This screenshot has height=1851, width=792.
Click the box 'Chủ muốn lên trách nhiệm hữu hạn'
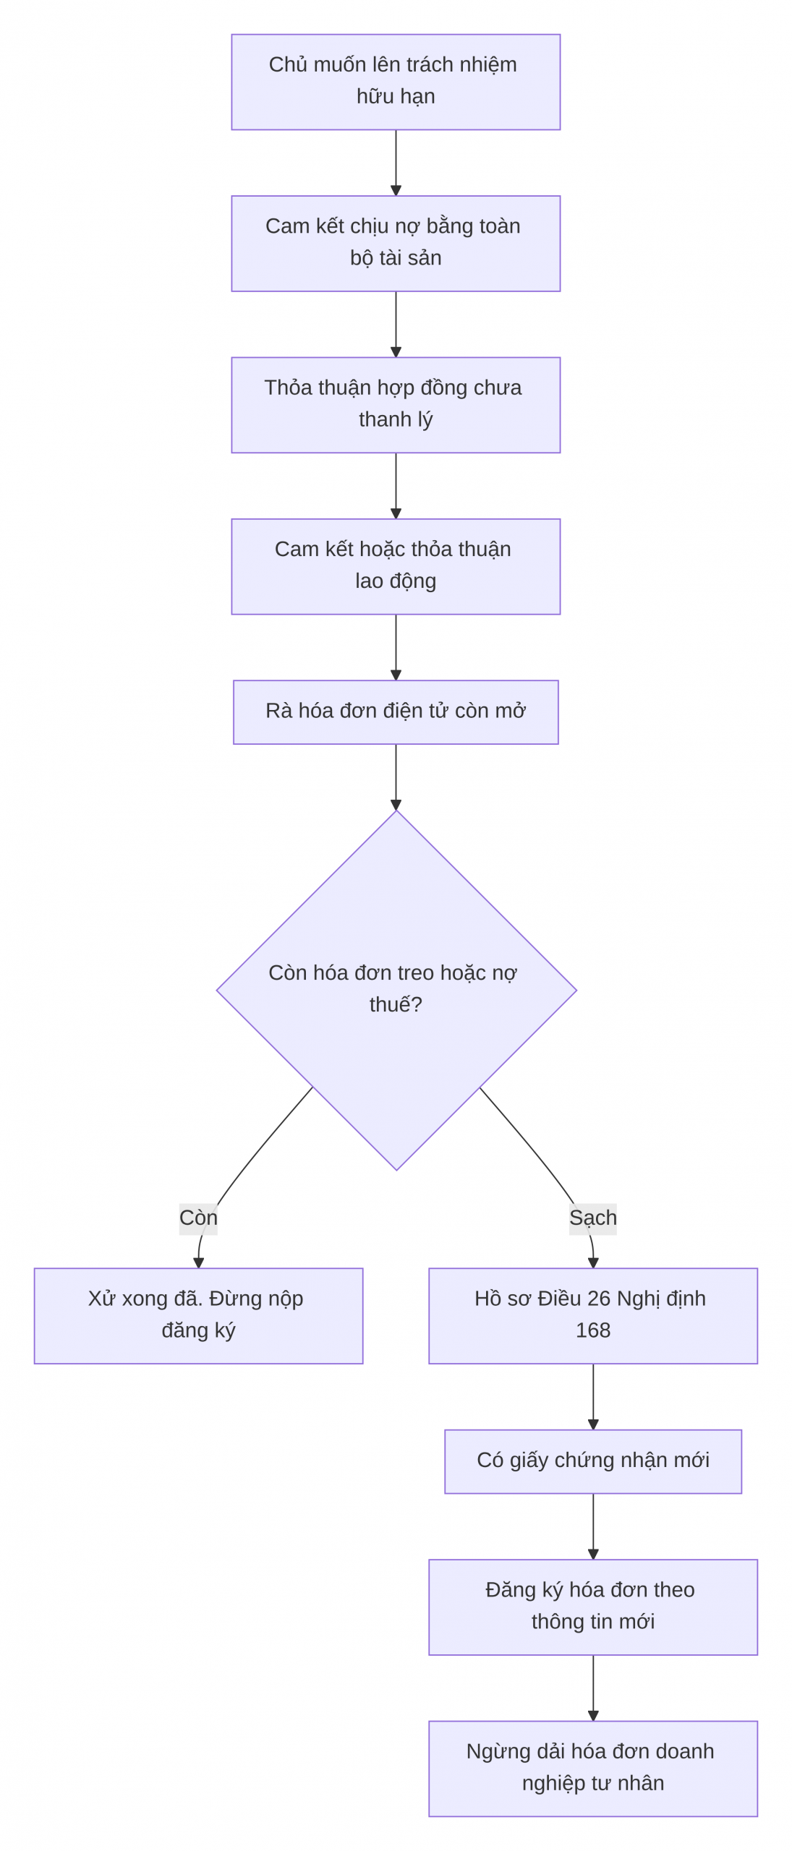(x=396, y=82)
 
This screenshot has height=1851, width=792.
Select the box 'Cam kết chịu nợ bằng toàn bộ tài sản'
(x=396, y=244)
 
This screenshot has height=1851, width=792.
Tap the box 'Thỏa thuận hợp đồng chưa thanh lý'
(x=396, y=405)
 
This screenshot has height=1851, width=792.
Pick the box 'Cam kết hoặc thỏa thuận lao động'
(x=396, y=566)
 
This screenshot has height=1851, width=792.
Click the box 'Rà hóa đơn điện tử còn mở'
(x=396, y=712)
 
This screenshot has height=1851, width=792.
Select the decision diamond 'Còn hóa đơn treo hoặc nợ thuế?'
(x=396, y=990)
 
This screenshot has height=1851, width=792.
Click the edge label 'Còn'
(x=198, y=1218)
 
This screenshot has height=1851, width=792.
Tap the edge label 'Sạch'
(x=593, y=1218)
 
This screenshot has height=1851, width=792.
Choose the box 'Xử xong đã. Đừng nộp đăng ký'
(x=198, y=1316)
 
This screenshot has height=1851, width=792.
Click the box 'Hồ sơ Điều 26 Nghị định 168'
(x=593, y=1316)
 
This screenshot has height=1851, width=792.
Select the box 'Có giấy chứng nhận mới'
(x=593, y=1461)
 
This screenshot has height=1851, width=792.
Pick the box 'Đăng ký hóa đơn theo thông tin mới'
(x=593, y=1607)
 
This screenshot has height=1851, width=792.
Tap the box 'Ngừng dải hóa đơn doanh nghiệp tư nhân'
(x=593, y=1769)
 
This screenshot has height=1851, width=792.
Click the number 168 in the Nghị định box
(x=593, y=1330)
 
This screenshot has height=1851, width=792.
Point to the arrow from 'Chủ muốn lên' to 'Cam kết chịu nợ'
(x=396, y=163)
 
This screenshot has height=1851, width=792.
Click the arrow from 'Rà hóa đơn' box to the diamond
(x=396, y=777)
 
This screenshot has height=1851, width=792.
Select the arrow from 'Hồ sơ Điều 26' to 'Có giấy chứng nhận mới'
(x=593, y=1397)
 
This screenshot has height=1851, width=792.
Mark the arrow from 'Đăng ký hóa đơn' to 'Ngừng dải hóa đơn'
(x=593, y=1688)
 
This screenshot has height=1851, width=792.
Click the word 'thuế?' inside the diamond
(x=396, y=1004)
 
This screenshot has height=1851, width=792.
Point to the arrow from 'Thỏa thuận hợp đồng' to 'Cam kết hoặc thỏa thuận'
(x=396, y=486)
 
